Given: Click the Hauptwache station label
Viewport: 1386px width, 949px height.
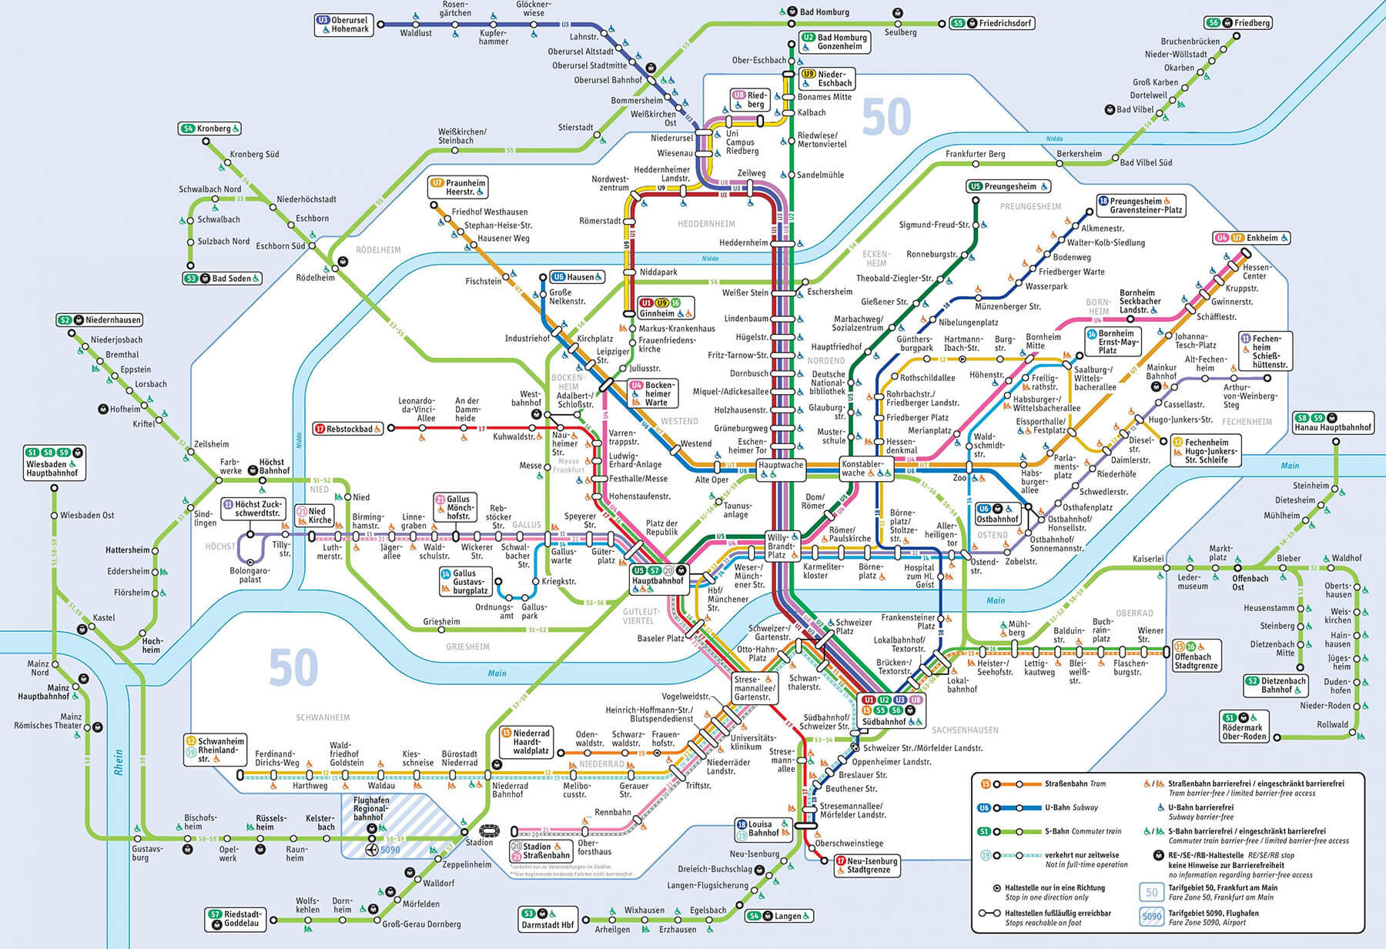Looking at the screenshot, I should point(780,465).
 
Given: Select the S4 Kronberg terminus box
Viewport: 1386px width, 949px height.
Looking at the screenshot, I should point(209,129).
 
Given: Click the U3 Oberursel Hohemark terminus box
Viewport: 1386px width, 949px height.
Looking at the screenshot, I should point(343,25).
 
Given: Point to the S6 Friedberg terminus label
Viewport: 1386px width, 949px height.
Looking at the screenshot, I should point(1238,23).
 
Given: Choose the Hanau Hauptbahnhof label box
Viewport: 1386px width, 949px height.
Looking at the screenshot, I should point(1333,423).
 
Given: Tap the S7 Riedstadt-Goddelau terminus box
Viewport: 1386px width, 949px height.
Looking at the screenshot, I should point(235,918).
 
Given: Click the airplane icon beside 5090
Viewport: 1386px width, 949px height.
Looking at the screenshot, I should point(372,850).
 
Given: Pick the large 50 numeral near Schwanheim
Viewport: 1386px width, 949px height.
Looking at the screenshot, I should point(293,668).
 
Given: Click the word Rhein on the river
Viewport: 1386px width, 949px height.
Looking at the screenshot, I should point(119,762).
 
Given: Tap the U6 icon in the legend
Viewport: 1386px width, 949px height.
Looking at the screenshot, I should point(983,807).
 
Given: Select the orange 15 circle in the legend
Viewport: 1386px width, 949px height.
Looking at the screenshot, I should point(985,784).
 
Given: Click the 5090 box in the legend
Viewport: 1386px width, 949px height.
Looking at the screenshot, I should point(1151,916).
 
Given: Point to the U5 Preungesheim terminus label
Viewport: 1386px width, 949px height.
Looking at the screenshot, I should point(1008,186).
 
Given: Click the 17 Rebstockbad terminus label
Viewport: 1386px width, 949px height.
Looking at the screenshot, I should point(347,429).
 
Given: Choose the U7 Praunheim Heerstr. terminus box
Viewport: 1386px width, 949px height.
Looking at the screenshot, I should point(457,187).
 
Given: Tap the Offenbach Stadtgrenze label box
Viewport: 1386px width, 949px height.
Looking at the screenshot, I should point(1196,656).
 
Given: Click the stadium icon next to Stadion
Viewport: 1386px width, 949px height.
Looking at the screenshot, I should point(488,831).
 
